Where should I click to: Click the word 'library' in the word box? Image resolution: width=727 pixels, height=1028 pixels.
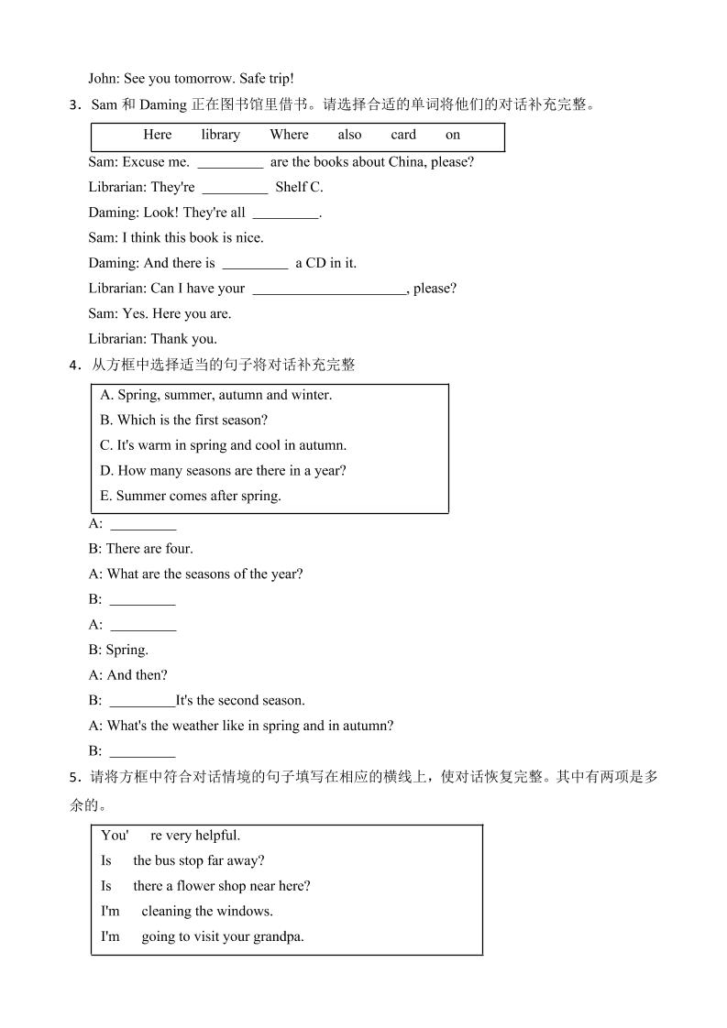220,135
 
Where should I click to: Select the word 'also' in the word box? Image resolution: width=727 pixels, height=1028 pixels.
349,135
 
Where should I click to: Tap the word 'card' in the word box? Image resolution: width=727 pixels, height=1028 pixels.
403,135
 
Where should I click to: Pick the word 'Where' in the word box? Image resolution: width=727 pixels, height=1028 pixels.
289,135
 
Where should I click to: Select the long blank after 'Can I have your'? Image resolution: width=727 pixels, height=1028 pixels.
328,290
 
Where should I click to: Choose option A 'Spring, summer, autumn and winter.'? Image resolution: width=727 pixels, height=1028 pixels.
216,395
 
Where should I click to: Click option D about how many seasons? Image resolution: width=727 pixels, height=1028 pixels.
223,471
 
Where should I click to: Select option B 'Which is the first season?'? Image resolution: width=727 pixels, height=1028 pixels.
183,421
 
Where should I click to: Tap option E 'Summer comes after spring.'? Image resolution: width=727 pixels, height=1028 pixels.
191,496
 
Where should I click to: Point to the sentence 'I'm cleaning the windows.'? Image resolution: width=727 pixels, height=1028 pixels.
187,911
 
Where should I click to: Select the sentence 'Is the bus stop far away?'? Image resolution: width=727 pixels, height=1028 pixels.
182,860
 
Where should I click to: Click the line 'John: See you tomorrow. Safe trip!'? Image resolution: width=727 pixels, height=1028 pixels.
191,79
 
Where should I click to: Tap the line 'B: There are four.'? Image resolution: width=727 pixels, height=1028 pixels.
140,549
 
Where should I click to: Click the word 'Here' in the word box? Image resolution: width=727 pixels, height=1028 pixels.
158,135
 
